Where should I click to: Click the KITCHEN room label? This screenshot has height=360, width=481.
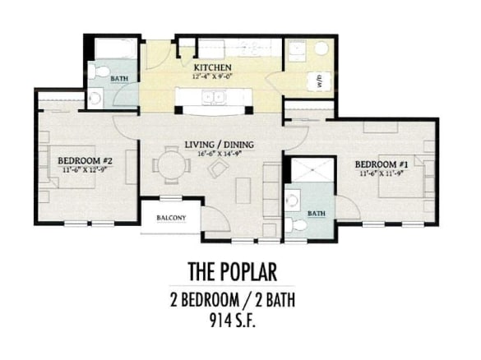[211, 67]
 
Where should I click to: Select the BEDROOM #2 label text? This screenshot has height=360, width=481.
[85, 160]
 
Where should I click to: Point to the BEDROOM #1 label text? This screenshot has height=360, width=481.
[382, 164]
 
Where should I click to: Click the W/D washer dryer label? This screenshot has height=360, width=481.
[319, 81]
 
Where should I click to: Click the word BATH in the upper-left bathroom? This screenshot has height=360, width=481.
[119, 79]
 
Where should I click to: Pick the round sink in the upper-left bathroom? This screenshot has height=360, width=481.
[95, 99]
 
